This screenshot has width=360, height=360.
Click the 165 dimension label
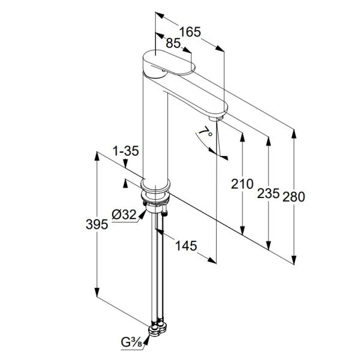click(x=190, y=32)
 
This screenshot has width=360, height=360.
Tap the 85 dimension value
click(x=173, y=43)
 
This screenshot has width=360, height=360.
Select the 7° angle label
click(x=205, y=133)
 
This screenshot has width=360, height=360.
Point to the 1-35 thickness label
click(x=125, y=151)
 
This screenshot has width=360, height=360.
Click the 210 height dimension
click(x=242, y=184)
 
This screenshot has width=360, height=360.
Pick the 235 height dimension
click(x=268, y=193)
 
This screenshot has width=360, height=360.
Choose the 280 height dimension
click(x=293, y=197)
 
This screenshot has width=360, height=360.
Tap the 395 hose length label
click(x=97, y=224)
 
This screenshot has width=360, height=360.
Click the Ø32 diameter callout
click(x=124, y=215)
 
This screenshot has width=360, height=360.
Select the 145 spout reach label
click(x=186, y=245)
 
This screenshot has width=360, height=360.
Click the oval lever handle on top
click(x=169, y=62)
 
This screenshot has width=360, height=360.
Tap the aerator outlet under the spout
click(x=216, y=118)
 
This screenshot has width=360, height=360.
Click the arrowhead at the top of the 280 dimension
click(x=293, y=134)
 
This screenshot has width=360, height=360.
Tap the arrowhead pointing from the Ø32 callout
click(x=142, y=214)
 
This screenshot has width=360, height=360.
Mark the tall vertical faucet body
click(x=155, y=128)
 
